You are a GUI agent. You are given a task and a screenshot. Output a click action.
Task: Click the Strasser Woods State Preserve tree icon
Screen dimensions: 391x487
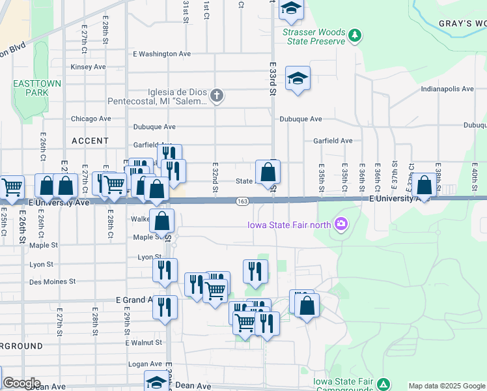pyautogui.click(x=355, y=34)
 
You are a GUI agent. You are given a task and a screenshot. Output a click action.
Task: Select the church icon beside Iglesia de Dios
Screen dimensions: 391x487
pyautogui.click(x=217, y=96)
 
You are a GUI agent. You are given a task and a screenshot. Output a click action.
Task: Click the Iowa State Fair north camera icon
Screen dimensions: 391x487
pyautogui.click(x=341, y=225)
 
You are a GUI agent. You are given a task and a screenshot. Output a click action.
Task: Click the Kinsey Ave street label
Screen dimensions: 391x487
pyautogui.click(x=88, y=66)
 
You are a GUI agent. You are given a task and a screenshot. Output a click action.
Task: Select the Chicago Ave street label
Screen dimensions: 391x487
pyautogui.click(x=90, y=119)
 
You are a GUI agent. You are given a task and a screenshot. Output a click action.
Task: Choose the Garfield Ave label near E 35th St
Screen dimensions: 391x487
pyautogui.click(x=332, y=140)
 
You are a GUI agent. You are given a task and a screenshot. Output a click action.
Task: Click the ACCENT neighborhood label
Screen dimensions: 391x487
pyautogui.click(x=90, y=141)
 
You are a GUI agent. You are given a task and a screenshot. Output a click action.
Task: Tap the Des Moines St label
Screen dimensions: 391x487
pyautogui.click(x=53, y=282)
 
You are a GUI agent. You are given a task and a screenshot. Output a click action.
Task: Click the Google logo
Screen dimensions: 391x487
pyautogui.click(x=21, y=383)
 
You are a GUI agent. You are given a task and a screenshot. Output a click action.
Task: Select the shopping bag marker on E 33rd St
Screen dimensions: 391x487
pyautogui.click(x=268, y=173)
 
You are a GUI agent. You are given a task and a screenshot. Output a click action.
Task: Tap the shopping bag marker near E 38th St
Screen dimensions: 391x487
pyautogui.click(x=424, y=185)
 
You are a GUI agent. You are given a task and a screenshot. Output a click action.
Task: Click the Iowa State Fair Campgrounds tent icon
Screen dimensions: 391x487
pyautogui.click(x=383, y=384)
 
